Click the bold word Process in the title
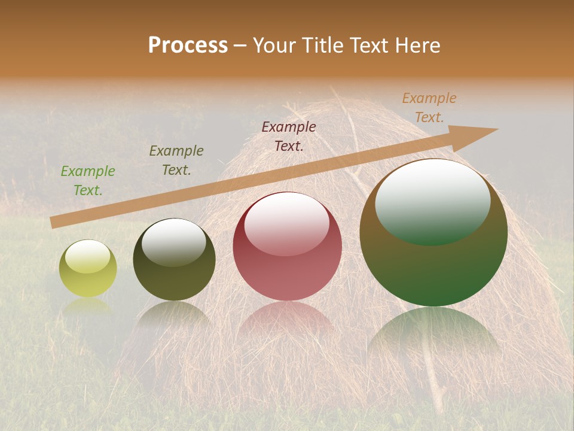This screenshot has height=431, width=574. click(188, 45)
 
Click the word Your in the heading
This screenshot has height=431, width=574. click(276, 45)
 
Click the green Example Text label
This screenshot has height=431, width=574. click(88, 181)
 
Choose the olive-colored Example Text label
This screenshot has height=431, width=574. click(176, 160)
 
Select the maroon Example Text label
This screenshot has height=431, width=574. click(289, 136)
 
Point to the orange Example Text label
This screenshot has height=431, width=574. click(429, 108)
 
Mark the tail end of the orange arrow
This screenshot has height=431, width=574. click(55, 222)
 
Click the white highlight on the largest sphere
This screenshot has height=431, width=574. click(433, 201)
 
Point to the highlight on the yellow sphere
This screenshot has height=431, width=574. click(87, 257)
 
